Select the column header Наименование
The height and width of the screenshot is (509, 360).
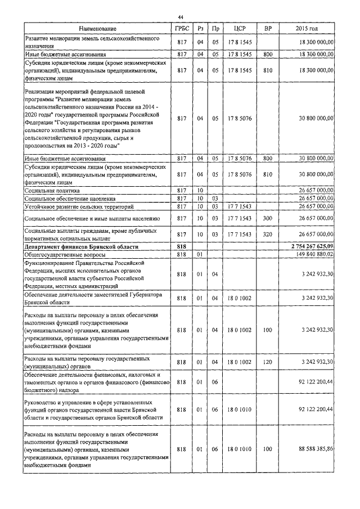pyautogui.click(x=98, y=28)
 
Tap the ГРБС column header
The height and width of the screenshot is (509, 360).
pyautogui.click(x=182, y=28)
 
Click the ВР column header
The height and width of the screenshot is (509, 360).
pyautogui.click(x=267, y=28)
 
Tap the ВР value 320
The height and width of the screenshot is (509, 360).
pyautogui.click(x=267, y=234)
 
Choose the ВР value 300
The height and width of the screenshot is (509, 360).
pyautogui.click(x=267, y=218)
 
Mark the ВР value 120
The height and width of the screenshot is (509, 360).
pyautogui.click(x=267, y=362)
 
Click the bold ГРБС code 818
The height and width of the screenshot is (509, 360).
pyautogui.click(x=182, y=247)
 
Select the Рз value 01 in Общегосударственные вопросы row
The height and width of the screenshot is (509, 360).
pyautogui.click(x=200, y=254)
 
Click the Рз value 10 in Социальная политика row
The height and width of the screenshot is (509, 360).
pyautogui.click(x=200, y=191)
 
